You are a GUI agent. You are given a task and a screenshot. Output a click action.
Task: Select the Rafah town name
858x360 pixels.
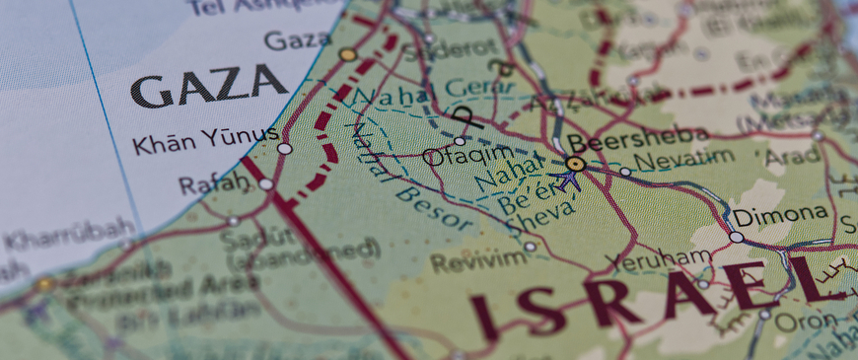coord(212,183)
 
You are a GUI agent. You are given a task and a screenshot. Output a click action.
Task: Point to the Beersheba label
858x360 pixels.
coord(637,137)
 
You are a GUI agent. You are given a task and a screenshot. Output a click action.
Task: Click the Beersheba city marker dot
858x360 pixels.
coord(575,163)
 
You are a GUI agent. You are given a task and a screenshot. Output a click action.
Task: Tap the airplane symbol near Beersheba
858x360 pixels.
coord(564,180)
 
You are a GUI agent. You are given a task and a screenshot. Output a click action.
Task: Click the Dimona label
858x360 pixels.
coord(779,214)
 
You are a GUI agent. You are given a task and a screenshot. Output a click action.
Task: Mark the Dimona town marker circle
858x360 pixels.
coord(737,237)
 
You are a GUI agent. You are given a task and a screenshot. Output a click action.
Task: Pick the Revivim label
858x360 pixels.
coord(465,261)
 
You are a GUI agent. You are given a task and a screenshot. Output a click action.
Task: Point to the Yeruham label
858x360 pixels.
coord(658,260)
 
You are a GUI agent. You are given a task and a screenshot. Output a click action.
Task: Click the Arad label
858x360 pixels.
coord(792,156)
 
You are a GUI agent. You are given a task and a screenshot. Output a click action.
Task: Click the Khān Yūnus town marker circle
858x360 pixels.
coord(284,148)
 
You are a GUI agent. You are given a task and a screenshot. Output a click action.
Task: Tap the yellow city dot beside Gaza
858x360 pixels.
coord(347,54)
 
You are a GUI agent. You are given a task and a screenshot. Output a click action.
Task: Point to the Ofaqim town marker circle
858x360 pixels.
coord(460,141)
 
